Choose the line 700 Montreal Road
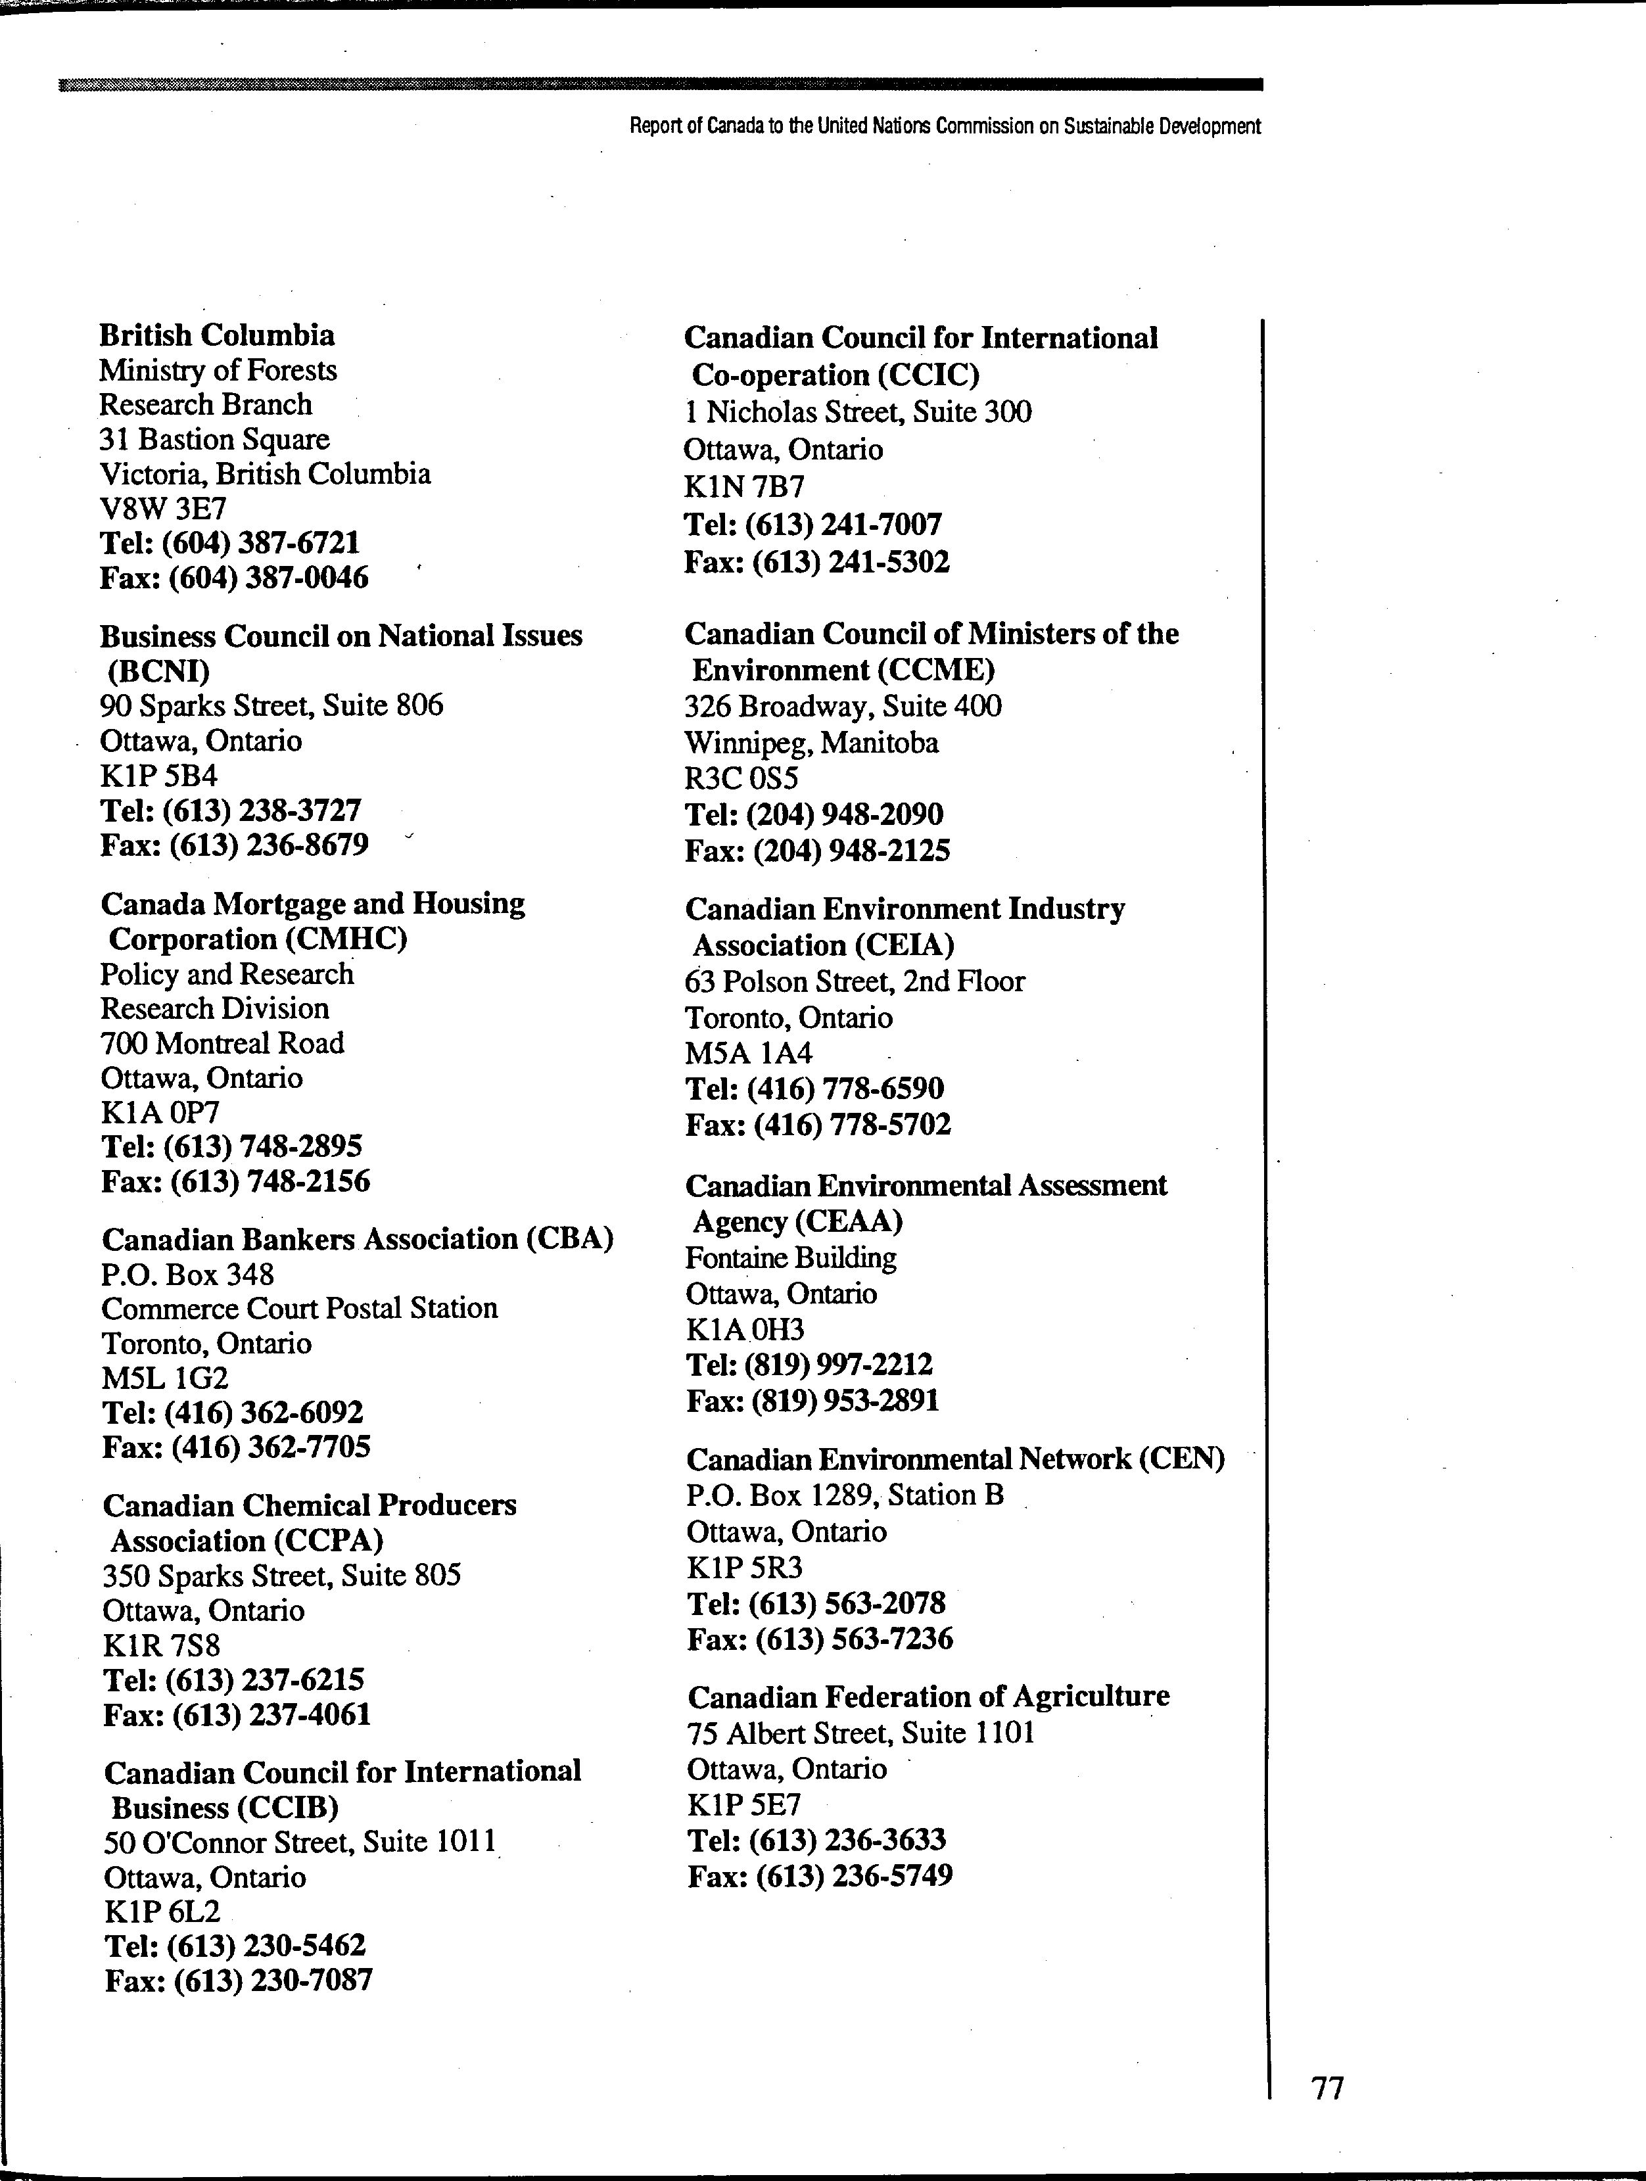pyautogui.click(x=223, y=1043)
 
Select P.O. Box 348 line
pyautogui.click(x=187, y=1275)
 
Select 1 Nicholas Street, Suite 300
pyautogui.click(x=858, y=412)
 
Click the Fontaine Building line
pyautogui.click(x=791, y=1258)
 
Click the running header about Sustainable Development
pyautogui.click(x=945, y=126)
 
